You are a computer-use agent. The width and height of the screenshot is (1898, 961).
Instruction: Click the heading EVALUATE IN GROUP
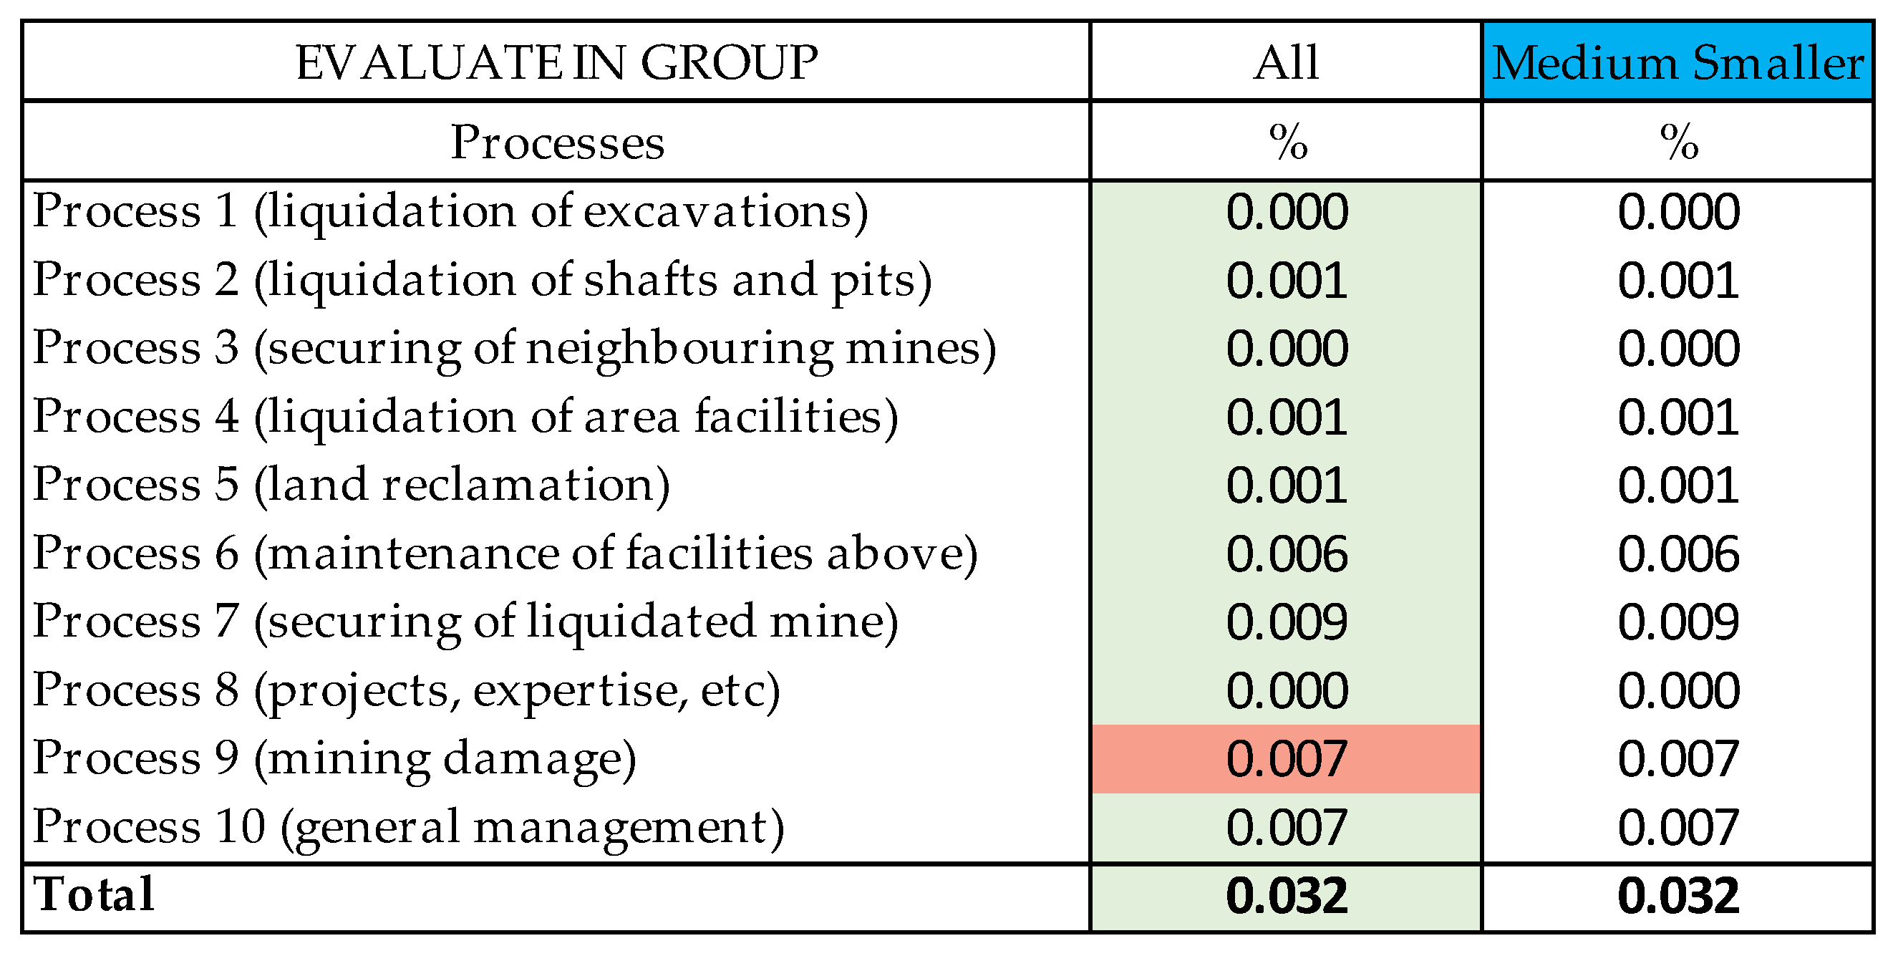[x=556, y=62]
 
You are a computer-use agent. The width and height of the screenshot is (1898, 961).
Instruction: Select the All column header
[x=1286, y=62]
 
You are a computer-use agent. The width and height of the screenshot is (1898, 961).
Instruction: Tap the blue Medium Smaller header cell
[x=1677, y=62]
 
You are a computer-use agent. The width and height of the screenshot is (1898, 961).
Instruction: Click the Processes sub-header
[x=557, y=143]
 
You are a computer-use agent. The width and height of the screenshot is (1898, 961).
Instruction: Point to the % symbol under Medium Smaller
[x=1678, y=143]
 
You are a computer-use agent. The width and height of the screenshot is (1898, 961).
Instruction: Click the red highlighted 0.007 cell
[x=1287, y=759]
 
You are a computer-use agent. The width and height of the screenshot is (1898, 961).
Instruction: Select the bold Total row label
[x=94, y=895]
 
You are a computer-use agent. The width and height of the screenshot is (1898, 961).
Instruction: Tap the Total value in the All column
[x=1287, y=897]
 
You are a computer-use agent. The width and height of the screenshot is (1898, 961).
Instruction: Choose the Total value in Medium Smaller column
[x=1678, y=897]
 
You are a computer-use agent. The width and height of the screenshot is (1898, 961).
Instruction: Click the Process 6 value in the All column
[x=1287, y=554]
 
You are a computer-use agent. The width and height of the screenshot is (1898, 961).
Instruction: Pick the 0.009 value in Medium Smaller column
[x=1678, y=622]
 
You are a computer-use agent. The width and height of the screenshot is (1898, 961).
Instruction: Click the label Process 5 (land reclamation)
[x=352, y=485]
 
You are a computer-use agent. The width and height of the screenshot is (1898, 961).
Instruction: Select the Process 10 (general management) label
[x=408, y=828]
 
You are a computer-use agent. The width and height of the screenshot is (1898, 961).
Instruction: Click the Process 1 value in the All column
[x=1287, y=212]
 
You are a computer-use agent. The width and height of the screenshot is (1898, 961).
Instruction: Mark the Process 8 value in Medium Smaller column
[x=1678, y=690]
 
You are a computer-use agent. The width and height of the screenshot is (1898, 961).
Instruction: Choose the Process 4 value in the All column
[x=1287, y=417]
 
